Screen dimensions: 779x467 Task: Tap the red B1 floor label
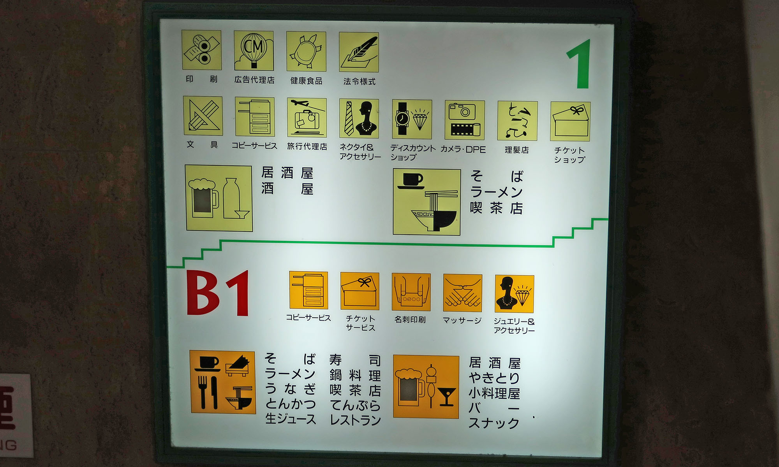pos(218,293)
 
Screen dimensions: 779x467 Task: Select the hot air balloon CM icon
pos(254,51)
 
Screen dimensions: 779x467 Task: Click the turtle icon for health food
pos(306,52)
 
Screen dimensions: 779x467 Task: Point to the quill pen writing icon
pos(359,52)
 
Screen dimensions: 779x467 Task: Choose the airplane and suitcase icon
pos(307,118)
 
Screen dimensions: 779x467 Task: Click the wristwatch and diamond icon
pos(412,119)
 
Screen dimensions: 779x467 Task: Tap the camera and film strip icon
pos(465,120)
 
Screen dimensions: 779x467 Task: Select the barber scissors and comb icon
pos(517,121)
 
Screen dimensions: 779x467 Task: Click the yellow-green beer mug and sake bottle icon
pos(219,198)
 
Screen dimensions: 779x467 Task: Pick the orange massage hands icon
pos(463,293)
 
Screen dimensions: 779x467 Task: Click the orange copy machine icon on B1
pos(308,290)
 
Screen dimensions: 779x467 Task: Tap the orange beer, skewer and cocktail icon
pos(426,387)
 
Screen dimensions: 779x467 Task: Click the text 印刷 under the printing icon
pos(201,79)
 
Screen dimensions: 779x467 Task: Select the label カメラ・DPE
pos(463,150)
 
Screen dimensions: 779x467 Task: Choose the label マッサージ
pos(462,321)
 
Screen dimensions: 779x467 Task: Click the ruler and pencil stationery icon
pos(203,116)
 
